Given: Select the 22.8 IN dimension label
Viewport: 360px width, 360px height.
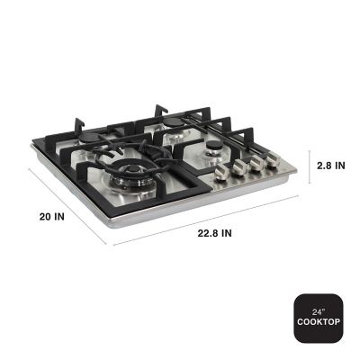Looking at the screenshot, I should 213,233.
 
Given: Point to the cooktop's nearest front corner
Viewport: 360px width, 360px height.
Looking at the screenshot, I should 111,241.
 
